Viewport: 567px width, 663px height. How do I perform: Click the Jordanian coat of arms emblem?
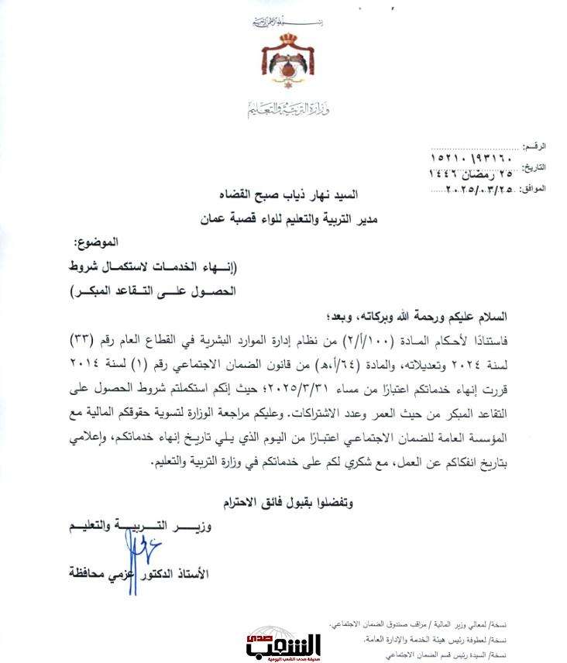click(x=283, y=66)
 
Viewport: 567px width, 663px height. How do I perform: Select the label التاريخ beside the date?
click(x=535, y=168)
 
